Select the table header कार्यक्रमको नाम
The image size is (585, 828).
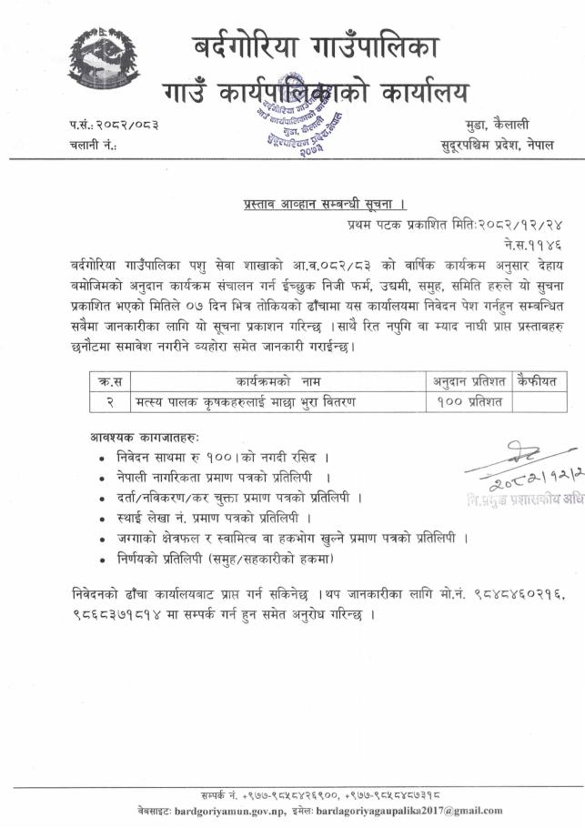coord(272,379)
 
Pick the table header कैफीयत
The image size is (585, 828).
coord(540,379)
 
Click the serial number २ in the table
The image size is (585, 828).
coord(107,400)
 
